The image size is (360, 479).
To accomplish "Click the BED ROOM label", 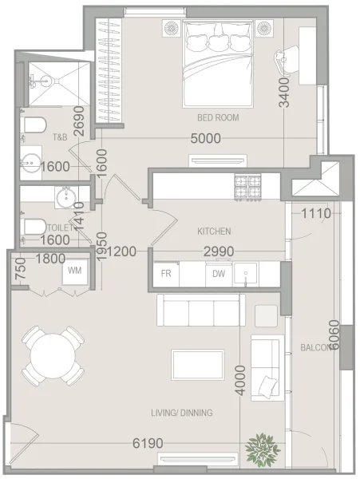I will click(x=219, y=117).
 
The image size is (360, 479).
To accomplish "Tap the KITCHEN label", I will click(x=214, y=231).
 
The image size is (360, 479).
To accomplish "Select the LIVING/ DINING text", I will click(x=182, y=413).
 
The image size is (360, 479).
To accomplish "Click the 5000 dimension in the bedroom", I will click(x=206, y=138).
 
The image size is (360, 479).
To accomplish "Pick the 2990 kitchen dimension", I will click(x=219, y=252).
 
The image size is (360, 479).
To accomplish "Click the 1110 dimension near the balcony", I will click(x=316, y=213).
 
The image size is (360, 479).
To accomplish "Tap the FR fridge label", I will click(x=167, y=274).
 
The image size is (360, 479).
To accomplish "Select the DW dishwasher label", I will click(x=218, y=274).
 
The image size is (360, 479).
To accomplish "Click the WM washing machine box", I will click(x=74, y=271).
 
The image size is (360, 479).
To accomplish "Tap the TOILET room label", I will click(x=37, y=227).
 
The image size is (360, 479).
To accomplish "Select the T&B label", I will click(x=60, y=137).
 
